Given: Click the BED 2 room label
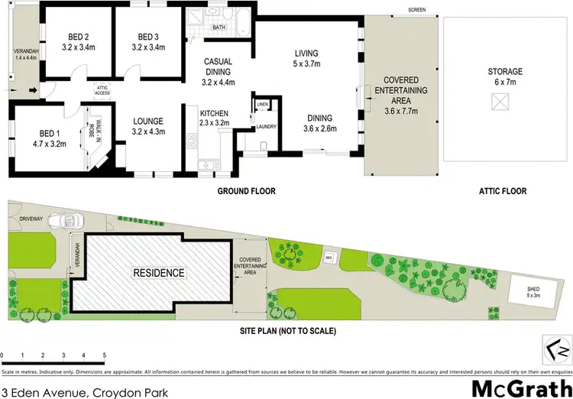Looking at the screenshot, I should (x=77, y=37).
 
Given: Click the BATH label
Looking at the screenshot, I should (x=219, y=28).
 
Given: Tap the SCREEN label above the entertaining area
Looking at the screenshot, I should (x=417, y=10).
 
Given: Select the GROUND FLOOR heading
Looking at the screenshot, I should (x=246, y=191).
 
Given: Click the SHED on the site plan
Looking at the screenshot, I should (x=533, y=291).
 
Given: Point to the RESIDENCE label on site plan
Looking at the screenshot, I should (x=159, y=272).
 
